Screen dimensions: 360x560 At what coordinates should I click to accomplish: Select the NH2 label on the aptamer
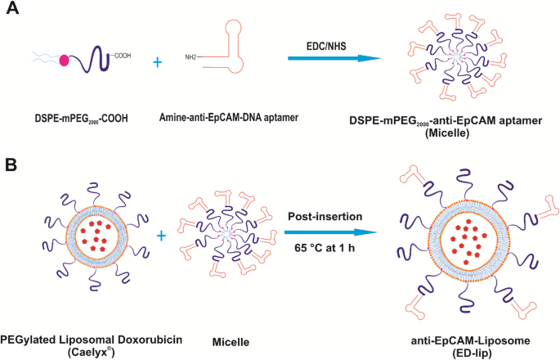pyautogui.click(x=190, y=58)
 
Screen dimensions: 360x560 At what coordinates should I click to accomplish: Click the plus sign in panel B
pyautogui.click(x=161, y=236)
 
